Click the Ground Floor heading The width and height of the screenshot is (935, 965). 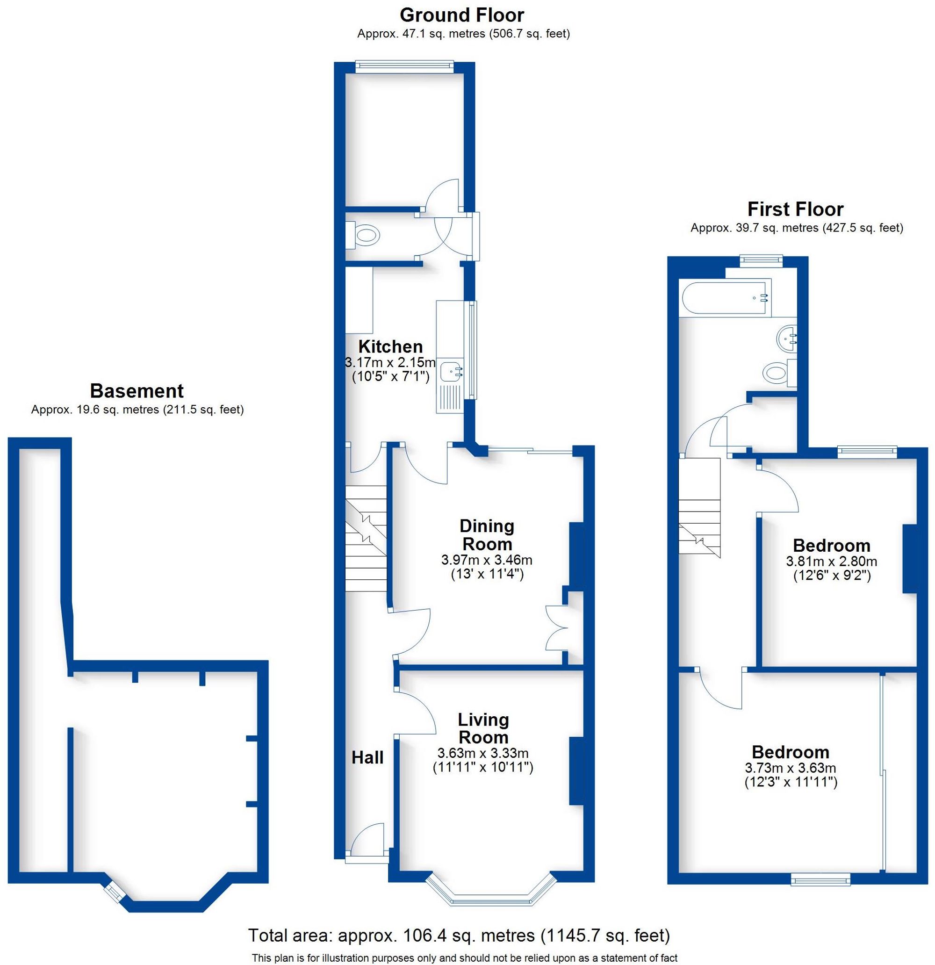(461, 15)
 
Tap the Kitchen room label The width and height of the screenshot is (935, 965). (390, 346)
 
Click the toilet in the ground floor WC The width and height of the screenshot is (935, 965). (367, 235)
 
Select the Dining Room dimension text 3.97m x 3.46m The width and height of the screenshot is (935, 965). (487, 560)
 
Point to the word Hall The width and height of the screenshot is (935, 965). (367, 758)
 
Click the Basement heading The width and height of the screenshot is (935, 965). (137, 391)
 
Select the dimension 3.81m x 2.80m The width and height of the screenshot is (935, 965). (831, 561)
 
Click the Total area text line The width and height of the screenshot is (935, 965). (459, 935)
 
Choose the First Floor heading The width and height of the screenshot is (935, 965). (795, 209)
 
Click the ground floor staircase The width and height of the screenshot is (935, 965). (365, 539)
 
